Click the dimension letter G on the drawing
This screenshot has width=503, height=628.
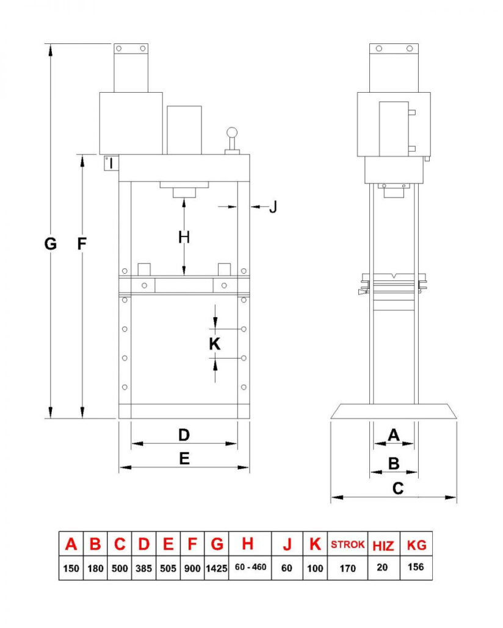point(51,244)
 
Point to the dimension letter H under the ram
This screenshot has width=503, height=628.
point(184,237)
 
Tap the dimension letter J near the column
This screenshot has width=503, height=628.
point(273,207)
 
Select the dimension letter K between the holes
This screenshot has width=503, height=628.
point(214,344)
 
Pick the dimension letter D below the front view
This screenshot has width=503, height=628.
point(184,435)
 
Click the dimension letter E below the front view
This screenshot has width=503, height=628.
point(184,459)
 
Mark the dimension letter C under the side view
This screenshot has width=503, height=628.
point(398,488)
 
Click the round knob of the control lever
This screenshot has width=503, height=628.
point(232,132)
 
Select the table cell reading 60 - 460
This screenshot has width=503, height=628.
point(250,568)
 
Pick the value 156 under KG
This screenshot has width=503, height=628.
point(416,568)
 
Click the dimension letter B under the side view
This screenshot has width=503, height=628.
point(394,463)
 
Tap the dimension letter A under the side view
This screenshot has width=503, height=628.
point(394,435)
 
